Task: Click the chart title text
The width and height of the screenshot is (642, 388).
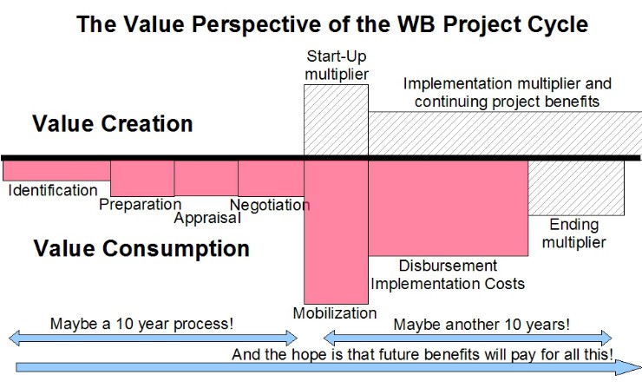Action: (332, 23)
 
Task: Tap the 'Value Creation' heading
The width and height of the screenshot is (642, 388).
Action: (113, 123)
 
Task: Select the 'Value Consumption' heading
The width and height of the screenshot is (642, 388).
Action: (141, 248)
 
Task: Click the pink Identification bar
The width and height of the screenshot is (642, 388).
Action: (56, 170)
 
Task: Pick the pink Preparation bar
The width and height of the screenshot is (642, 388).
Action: (142, 178)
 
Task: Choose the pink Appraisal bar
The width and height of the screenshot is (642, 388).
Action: (206, 178)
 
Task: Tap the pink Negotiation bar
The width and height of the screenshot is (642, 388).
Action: (271, 178)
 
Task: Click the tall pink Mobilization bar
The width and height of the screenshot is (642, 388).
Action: (336, 232)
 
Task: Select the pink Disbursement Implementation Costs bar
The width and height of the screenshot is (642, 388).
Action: (449, 208)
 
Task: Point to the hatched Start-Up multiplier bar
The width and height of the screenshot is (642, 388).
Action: (336, 120)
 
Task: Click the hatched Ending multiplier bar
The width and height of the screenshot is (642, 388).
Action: (576, 187)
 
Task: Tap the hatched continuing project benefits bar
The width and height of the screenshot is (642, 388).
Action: (505, 134)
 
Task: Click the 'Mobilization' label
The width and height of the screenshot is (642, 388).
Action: (335, 313)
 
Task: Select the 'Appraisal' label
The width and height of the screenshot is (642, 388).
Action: (207, 218)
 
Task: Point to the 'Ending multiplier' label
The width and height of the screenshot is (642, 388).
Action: (574, 233)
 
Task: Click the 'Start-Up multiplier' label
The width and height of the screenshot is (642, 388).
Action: (337, 65)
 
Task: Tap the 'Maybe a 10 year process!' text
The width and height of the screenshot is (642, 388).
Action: (142, 324)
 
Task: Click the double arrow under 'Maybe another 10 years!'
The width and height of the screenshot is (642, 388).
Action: (468, 339)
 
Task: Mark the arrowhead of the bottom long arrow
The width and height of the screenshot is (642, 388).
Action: (628, 367)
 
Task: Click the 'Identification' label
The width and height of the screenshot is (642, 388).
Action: (53, 190)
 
